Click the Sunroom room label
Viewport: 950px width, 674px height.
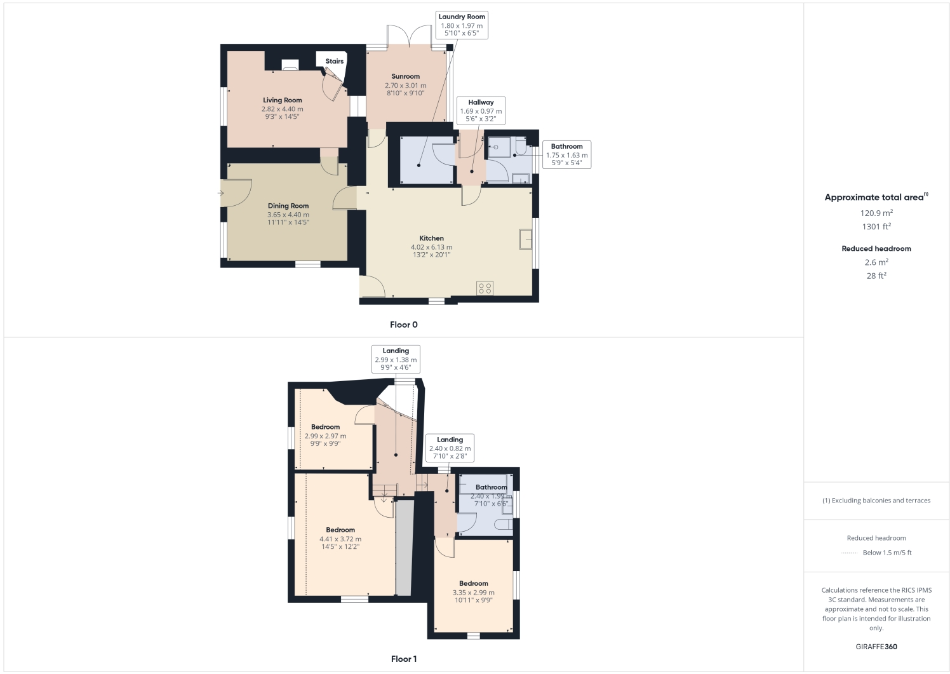pyautogui.click(x=405, y=76)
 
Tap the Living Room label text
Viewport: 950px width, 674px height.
pyautogui.click(x=283, y=100)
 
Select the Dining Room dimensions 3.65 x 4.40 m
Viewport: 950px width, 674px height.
pyautogui.click(x=288, y=215)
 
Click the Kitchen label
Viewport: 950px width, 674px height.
pyautogui.click(x=431, y=238)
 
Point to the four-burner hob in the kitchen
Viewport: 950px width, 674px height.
pyautogui.click(x=485, y=288)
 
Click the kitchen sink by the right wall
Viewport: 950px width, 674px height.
pyautogui.click(x=526, y=239)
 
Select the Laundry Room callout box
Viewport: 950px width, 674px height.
pyautogui.click(x=462, y=25)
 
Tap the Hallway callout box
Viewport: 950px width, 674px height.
pyautogui.click(x=481, y=111)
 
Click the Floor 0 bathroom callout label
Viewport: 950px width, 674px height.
pyautogui.click(x=566, y=154)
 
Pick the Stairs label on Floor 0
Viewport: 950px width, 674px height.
pyautogui.click(x=334, y=62)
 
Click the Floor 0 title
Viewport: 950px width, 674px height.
pyautogui.click(x=403, y=325)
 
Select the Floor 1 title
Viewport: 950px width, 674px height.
pyautogui.click(x=403, y=659)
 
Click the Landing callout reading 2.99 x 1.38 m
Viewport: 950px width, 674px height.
pyautogui.click(x=396, y=359)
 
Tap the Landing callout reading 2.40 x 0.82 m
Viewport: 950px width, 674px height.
pyautogui.click(x=450, y=448)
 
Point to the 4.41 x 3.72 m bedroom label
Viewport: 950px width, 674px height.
pyautogui.click(x=340, y=538)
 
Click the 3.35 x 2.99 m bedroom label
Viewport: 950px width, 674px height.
pyautogui.click(x=474, y=591)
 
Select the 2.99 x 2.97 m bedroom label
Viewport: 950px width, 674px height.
pyautogui.click(x=325, y=435)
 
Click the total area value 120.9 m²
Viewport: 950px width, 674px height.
pyautogui.click(x=876, y=213)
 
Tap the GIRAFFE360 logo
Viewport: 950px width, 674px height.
pyautogui.click(x=876, y=647)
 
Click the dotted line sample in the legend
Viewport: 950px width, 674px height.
pyautogui.click(x=849, y=553)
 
